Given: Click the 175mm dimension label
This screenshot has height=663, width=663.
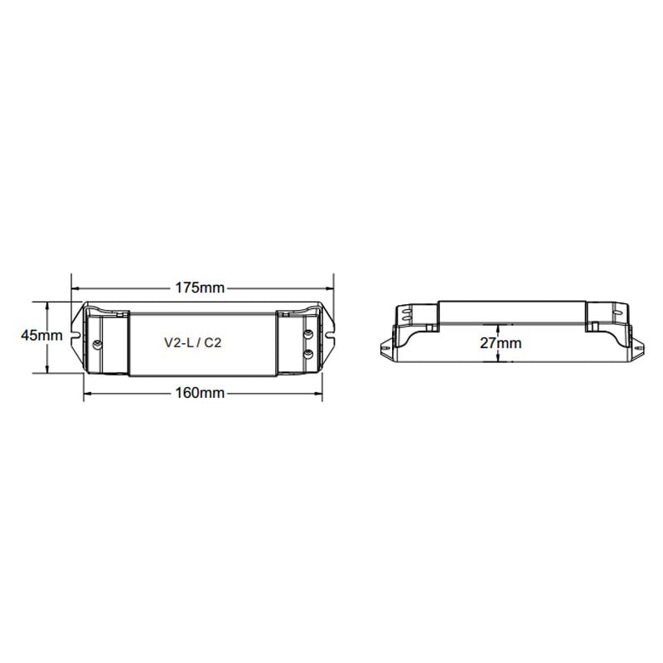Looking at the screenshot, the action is (x=200, y=288).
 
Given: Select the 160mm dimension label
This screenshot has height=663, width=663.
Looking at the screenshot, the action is (x=200, y=393).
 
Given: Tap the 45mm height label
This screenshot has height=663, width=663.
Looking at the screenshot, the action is (x=42, y=336).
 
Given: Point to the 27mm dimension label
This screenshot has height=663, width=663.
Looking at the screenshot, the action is (x=501, y=343).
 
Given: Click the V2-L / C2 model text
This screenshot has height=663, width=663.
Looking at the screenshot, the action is (x=193, y=342).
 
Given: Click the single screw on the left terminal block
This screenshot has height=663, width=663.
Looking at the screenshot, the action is (x=97, y=344).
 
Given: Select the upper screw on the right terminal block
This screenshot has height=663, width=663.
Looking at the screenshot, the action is (x=308, y=334).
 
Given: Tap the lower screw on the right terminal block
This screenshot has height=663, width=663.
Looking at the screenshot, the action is (x=308, y=354).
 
